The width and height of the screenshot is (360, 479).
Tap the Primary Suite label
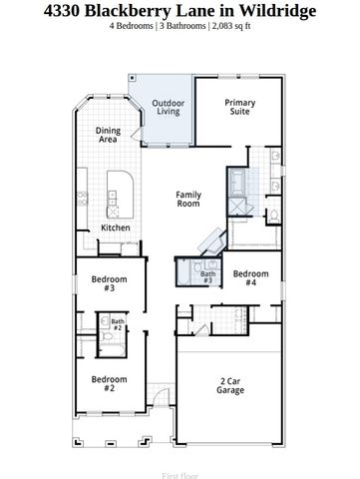click(240, 108)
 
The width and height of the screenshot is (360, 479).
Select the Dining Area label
click(108, 135)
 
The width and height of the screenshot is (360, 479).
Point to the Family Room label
click(188, 199)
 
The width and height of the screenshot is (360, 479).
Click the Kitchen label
click(116, 228)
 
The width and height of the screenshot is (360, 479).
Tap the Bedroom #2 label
click(109, 383)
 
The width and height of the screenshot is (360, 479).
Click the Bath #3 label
click(207, 277)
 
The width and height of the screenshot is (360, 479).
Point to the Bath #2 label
click(117, 323)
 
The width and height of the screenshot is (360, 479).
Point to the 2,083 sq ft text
click(230, 27)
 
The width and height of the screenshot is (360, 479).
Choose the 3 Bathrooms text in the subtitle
click(186, 27)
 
